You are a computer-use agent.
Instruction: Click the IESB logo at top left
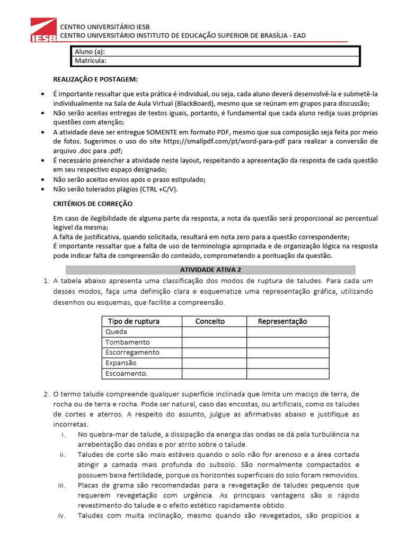tap(43, 30)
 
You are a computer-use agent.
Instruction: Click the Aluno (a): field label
tap(90, 52)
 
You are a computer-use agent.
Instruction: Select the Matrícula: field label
tap(91, 61)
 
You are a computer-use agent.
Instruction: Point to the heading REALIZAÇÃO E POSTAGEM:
tap(95, 79)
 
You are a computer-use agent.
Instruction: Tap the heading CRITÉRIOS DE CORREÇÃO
tap(93, 204)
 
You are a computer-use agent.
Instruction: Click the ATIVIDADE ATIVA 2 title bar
tap(210, 269)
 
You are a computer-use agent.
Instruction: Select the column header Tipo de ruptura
tap(134, 321)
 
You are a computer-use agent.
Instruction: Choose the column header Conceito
tap(210, 321)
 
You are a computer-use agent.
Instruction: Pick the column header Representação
tap(282, 321)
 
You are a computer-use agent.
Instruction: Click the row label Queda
tap(117, 332)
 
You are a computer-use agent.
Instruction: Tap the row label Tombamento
tap(128, 342)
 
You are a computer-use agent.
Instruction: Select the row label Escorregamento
tap(132, 353)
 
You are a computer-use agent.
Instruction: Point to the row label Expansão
tap(121, 363)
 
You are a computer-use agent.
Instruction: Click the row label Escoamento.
tap(127, 374)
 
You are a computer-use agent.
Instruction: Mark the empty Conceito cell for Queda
tap(215, 332)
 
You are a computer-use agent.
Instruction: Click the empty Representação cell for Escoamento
tap(288, 374)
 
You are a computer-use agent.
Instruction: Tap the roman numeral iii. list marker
tap(61, 485)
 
